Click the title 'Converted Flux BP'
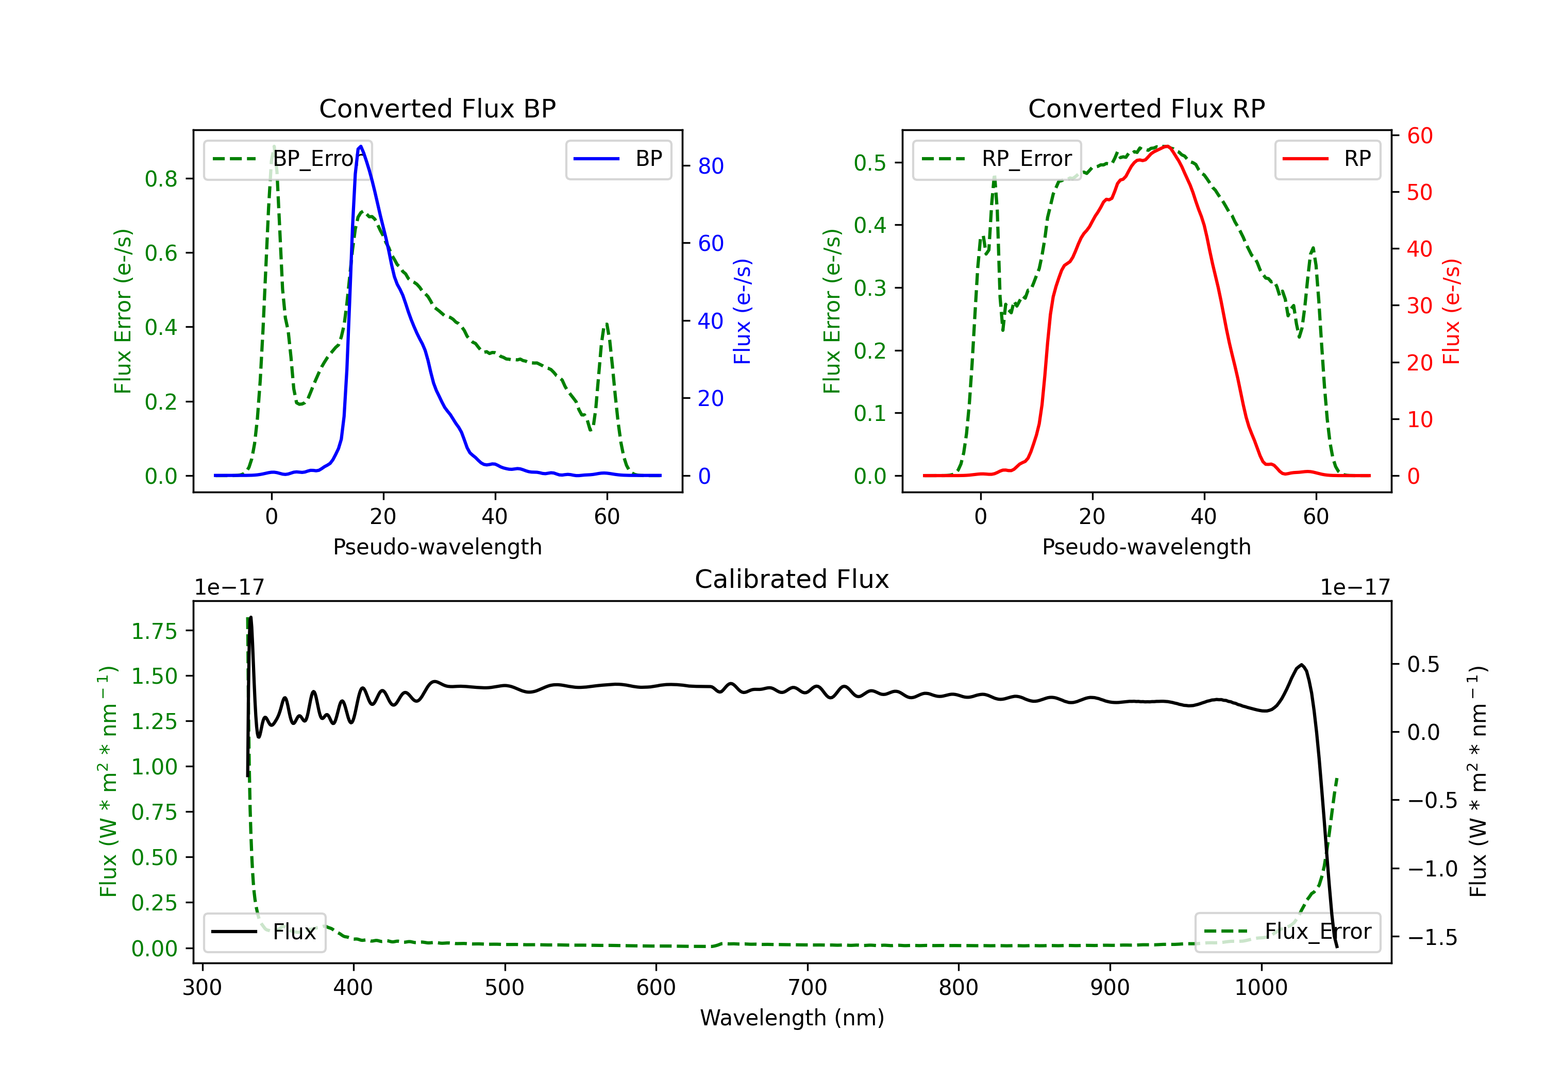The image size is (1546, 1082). tap(437, 108)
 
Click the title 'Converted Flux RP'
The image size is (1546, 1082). tap(1146, 108)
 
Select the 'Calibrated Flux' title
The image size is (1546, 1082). tap(792, 579)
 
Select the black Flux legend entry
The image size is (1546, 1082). tap(264, 932)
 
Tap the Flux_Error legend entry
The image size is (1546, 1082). tap(1287, 932)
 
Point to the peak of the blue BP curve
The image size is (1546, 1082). tap(361, 146)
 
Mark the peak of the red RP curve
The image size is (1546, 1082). tap(1166, 146)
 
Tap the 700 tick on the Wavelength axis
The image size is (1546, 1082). tap(808, 988)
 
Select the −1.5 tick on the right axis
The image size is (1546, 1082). tap(1432, 937)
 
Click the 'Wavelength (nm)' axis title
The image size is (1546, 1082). tap(792, 1018)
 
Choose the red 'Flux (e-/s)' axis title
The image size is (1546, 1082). tap(1451, 312)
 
